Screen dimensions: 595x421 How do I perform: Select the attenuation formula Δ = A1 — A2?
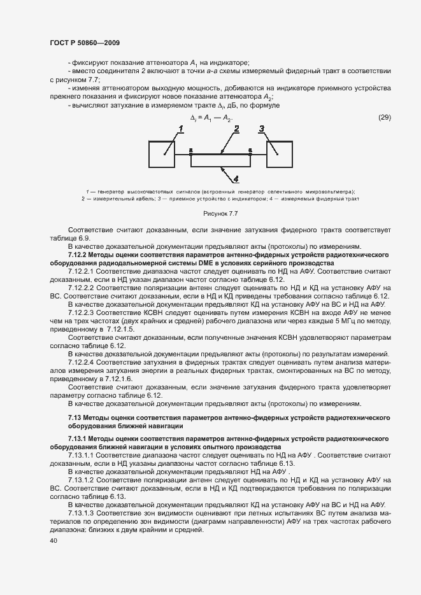pos(211,118)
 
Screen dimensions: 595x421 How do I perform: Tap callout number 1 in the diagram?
pos(181,129)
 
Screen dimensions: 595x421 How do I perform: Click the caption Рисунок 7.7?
pos(220,213)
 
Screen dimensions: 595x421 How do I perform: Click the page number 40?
pos(53,540)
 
